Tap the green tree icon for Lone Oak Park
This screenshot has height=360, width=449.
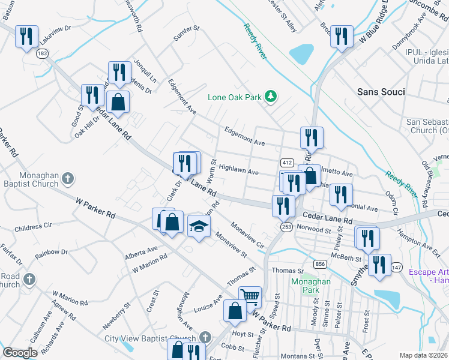coord(271,96)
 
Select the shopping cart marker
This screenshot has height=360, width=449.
coord(250,296)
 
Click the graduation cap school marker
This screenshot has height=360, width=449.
coord(199,226)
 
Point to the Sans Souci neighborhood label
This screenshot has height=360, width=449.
coord(381,92)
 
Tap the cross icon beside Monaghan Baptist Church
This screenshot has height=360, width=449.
coord(68,178)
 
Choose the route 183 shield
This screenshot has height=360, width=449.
coord(41,54)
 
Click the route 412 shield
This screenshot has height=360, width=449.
coord(286,163)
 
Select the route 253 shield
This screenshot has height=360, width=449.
coord(286,226)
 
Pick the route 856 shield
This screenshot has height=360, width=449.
coord(319,264)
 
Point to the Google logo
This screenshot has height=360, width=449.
coord(20,353)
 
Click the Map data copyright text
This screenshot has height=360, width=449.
coord(424,355)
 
